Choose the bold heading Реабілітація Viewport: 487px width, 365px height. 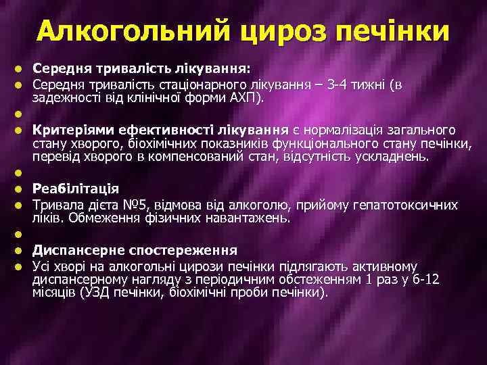coord(76,189)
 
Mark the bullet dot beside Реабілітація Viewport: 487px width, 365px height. coord(20,189)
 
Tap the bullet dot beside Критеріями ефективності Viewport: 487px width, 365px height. coord(20,130)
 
